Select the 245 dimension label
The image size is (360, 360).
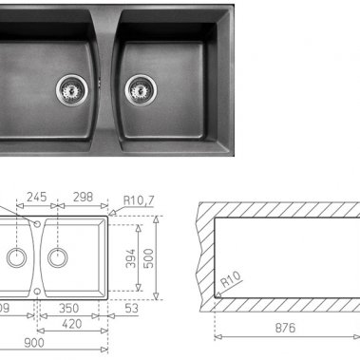36,199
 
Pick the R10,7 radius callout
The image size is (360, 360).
142,199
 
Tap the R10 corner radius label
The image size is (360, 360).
227,282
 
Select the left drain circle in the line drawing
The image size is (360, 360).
16,256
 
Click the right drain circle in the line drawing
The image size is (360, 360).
58,256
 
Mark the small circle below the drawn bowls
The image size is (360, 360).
37,291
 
